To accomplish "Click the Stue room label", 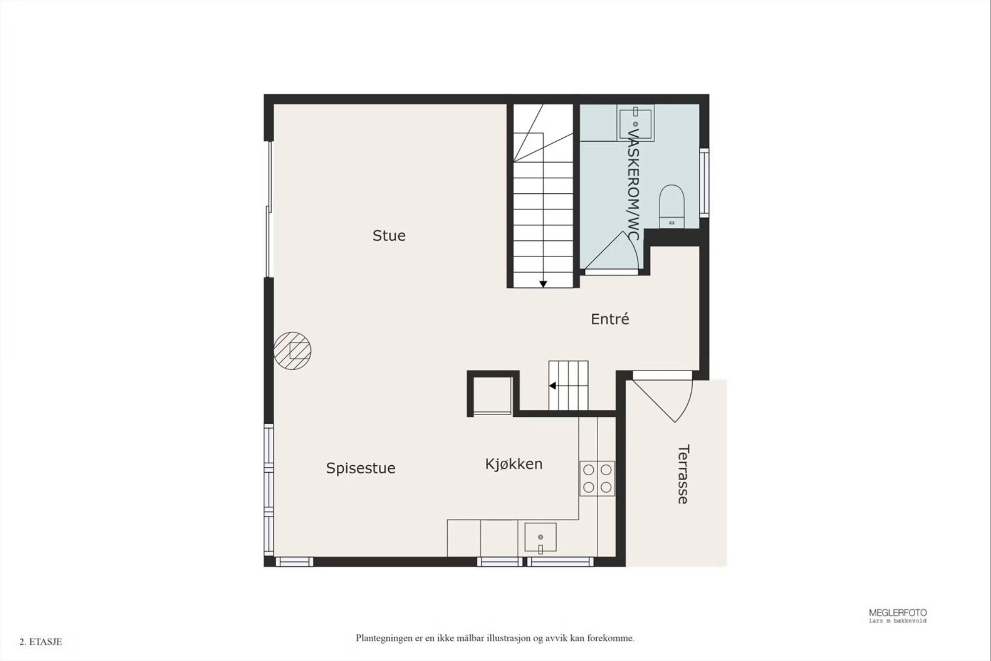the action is (389, 235).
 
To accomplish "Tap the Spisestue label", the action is (361, 468).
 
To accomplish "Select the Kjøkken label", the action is (514, 464).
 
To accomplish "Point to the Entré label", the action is (610, 319).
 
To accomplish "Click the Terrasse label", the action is (683, 474).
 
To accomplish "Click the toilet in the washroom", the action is (672, 206).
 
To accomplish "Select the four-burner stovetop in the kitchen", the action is (597, 478).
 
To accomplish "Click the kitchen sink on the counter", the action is (540, 537).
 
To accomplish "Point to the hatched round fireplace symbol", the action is (292, 350).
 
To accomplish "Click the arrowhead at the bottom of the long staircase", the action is (543, 284).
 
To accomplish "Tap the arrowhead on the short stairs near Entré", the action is (552, 386).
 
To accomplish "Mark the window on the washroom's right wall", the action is (704, 182).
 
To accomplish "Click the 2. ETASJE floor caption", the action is (41, 642).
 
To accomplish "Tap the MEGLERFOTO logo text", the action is (897, 613).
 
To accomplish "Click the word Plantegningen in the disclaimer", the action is (384, 638).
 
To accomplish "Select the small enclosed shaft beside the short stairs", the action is (493, 394).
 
